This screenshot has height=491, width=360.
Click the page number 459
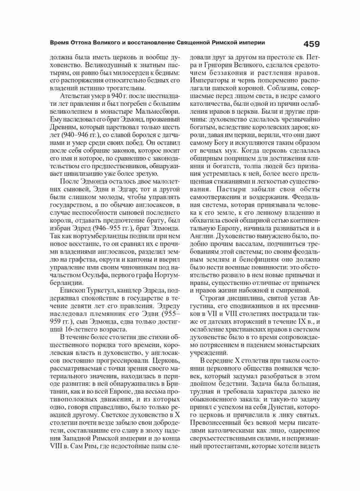[311, 44]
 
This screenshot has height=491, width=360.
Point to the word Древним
[61, 127]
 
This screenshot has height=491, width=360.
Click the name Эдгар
[127, 189]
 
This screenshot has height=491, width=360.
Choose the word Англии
[201, 236]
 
